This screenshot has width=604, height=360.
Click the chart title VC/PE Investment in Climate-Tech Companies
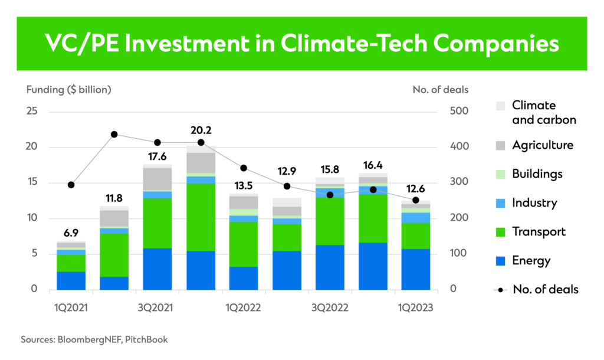[x=301, y=44]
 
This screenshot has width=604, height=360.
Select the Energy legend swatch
[x=500, y=260]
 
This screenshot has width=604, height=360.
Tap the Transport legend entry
[x=539, y=231]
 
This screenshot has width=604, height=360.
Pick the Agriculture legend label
[x=542, y=145]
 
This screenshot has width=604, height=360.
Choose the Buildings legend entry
[x=537, y=174]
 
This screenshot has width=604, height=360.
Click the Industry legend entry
[x=534, y=202]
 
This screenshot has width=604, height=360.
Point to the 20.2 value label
[x=201, y=130]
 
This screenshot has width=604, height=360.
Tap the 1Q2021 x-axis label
[x=71, y=307]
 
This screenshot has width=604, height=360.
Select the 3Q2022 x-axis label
[x=330, y=307]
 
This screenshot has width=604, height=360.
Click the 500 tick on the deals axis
[x=459, y=112]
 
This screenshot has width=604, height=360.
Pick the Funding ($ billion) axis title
[x=69, y=90]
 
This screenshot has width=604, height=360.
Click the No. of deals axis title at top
[x=440, y=90]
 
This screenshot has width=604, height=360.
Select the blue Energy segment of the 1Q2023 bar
[x=416, y=269]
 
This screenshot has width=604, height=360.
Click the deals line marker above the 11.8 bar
[x=114, y=135]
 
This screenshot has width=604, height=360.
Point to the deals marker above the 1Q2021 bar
[x=71, y=185]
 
